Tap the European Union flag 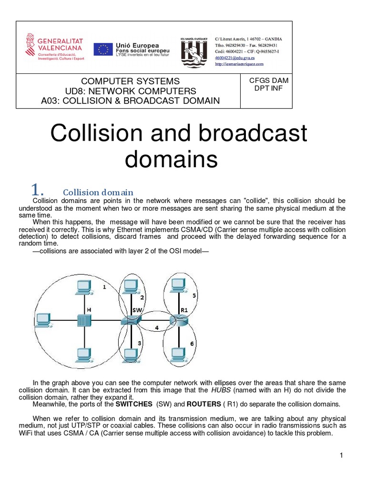coord(103,49)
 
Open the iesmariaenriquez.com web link coord(239,63)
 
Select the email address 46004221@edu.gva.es coord(234,58)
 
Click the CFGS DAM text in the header coord(269,81)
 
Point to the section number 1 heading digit coord(37,190)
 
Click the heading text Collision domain coord(98,193)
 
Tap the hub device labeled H coord(84,320)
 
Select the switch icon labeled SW coord(129,320)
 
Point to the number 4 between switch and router coord(156,327)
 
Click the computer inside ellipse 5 coord(179,285)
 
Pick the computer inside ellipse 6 coord(178,354)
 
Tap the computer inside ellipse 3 coord(130,355)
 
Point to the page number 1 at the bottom coord(341,456)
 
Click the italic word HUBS coord(222,390)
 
